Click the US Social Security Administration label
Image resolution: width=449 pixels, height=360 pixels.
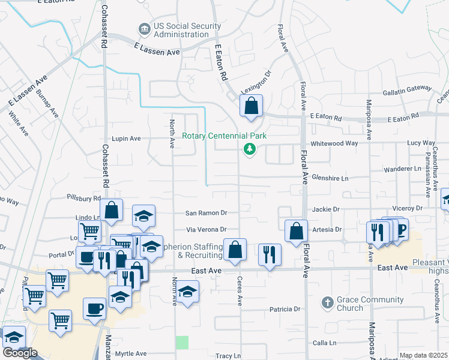click(184, 31)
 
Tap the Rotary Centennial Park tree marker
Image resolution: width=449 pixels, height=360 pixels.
click(248, 149)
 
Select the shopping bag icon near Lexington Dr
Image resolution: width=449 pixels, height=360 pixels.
click(252, 106)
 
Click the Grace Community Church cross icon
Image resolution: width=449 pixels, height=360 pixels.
click(328, 301)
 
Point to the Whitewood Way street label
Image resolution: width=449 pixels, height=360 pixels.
click(334, 143)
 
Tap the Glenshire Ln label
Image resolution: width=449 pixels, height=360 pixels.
click(330, 178)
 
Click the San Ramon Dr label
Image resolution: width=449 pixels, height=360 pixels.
click(206, 213)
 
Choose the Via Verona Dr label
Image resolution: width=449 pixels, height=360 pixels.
click(206, 229)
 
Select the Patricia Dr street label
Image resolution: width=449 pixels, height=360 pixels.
click(285, 309)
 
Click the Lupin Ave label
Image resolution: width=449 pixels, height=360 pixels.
click(125, 138)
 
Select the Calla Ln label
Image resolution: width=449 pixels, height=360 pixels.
click(324, 343)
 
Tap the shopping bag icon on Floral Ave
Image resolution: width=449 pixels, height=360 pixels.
click(296, 232)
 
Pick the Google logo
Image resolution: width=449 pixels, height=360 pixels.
click(20, 353)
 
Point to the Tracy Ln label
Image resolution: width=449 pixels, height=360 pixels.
click(228, 356)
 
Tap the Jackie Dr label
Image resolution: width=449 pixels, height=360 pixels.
click(326, 209)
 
